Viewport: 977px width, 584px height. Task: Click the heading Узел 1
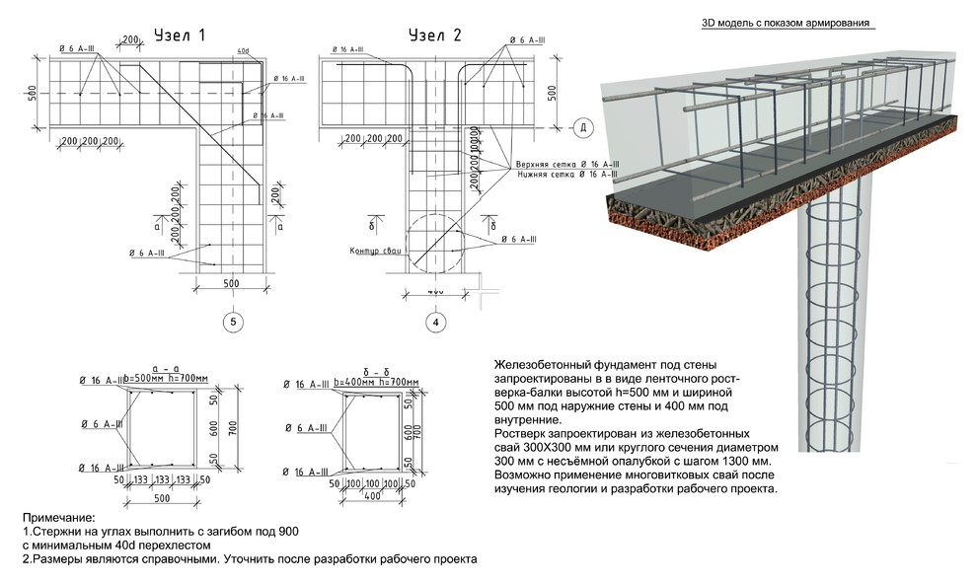[x=180, y=36]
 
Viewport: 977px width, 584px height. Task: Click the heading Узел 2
[x=435, y=36]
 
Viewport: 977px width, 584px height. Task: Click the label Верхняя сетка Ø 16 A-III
[x=566, y=163]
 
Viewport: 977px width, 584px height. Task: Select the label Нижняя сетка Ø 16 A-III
[x=566, y=174]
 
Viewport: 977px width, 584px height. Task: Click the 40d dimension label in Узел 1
[x=243, y=50]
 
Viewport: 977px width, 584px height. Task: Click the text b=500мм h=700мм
[x=167, y=380]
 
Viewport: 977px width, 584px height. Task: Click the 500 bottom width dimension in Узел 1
[x=231, y=285]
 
